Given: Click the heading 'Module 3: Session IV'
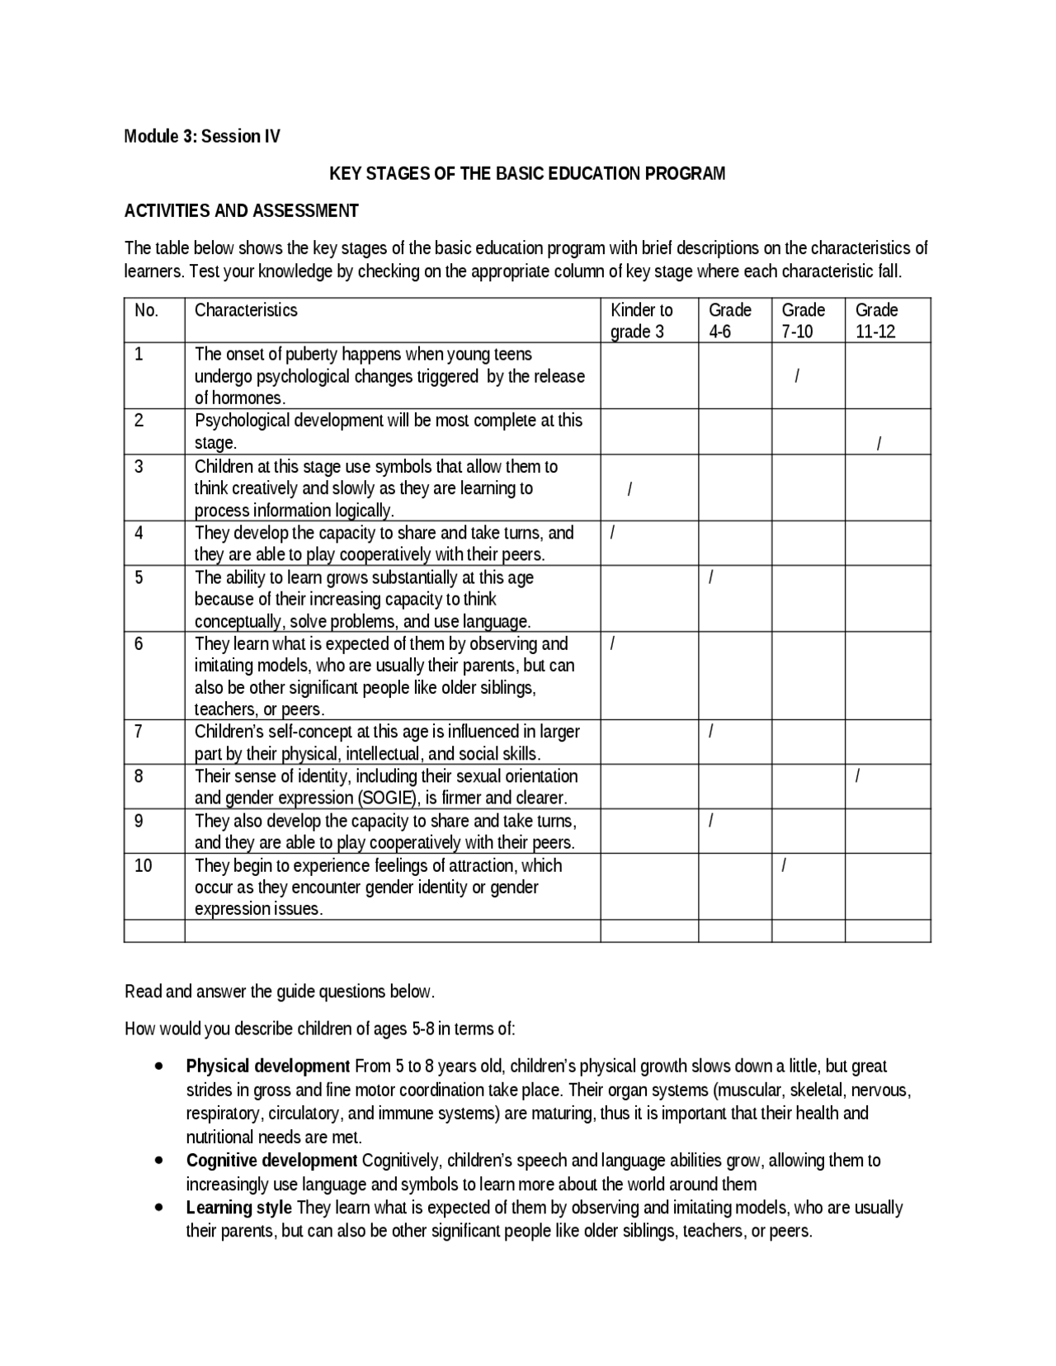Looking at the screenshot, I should (202, 137).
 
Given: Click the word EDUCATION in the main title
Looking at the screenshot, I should (592, 174).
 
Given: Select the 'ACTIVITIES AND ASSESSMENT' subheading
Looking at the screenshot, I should (241, 211).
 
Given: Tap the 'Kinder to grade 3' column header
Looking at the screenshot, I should (641, 321).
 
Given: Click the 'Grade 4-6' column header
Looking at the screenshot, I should (729, 321).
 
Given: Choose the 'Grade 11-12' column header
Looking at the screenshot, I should (876, 321).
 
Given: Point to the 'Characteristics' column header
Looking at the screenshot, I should (246, 311).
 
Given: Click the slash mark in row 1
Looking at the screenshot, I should (796, 377).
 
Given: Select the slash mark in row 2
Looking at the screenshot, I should (879, 444).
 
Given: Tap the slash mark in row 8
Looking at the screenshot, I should (859, 776).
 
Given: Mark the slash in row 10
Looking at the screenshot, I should (784, 865).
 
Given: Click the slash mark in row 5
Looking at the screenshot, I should (711, 577).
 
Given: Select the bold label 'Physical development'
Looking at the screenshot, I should (268, 1066).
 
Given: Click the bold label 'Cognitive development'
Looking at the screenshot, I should (271, 1161).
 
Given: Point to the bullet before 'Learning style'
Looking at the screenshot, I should (158, 1207).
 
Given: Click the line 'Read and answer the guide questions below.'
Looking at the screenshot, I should (279, 992).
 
